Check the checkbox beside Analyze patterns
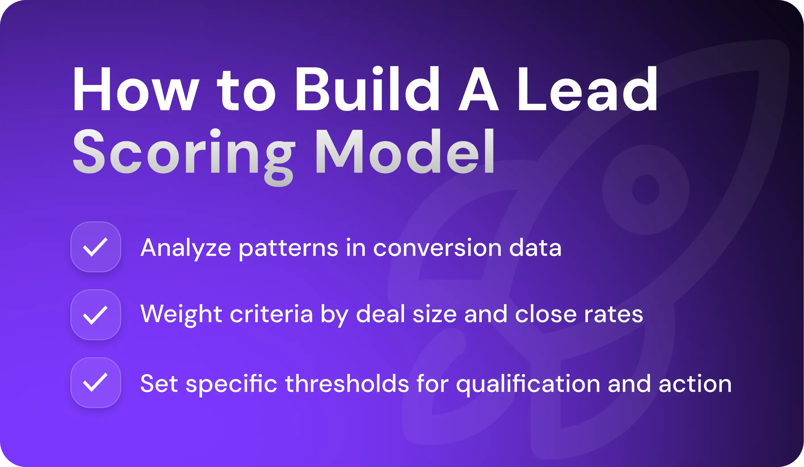point(95,247)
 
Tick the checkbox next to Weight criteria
point(95,315)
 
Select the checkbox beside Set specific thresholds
point(95,382)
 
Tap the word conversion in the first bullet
point(437,248)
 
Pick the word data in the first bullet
point(535,248)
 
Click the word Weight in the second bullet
point(181,315)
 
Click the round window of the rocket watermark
point(645,189)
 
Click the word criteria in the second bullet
point(271,314)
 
